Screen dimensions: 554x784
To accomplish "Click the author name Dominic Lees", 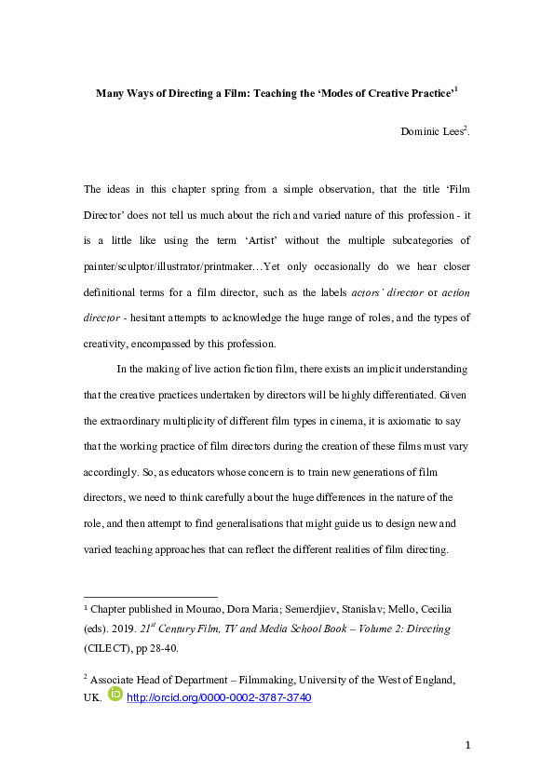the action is point(435,132).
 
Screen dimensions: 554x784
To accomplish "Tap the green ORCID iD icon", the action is point(115,695).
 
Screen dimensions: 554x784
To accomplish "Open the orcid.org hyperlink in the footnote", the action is point(218,696).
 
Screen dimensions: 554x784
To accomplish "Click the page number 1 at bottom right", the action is point(468,746).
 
